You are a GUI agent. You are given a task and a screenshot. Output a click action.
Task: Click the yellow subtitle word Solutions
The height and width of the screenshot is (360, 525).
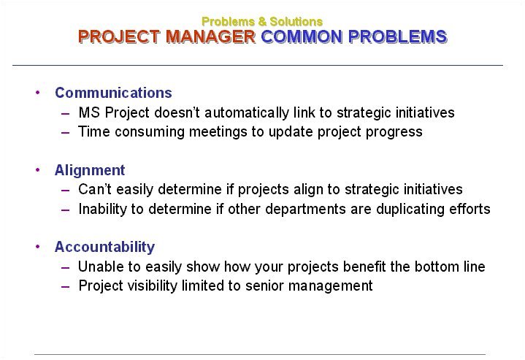click(x=296, y=21)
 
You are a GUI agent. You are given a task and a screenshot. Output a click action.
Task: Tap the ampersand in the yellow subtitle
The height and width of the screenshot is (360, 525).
click(x=262, y=21)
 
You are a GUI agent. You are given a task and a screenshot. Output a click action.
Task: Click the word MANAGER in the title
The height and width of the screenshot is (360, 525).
click(x=210, y=37)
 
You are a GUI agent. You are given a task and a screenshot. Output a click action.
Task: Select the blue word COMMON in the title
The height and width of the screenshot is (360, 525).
click(x=302, y=37)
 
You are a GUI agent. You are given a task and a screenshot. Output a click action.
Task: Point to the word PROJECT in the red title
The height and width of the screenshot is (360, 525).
click(x=119, y=37)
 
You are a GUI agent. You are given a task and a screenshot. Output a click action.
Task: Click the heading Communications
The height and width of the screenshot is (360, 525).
click(x=113, y=93)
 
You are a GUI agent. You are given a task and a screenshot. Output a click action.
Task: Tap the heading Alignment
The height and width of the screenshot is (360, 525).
click(x=90, y=170)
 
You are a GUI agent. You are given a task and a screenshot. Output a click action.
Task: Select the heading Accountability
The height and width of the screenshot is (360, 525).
click(x=105, y=247)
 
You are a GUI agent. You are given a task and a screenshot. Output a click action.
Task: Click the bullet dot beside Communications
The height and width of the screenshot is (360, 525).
click(x=38, y=93)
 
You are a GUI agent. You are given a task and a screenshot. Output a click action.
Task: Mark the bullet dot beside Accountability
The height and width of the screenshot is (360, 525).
click(x=38, y=247)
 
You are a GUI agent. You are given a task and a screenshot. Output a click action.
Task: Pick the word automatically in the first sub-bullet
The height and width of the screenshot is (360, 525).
click(x=246, y=112)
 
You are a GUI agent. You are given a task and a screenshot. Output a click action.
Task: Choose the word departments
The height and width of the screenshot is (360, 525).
click(x=306, y=210)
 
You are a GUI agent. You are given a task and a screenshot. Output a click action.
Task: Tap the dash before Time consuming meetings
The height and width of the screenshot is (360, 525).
click(x=66, y=132)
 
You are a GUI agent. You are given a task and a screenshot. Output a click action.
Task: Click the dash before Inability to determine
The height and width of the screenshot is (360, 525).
click(x=66, y=210)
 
